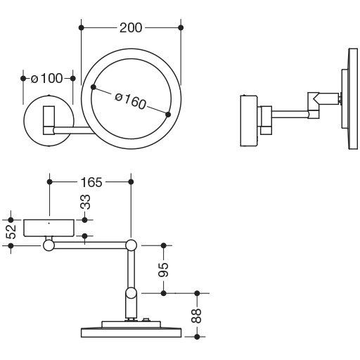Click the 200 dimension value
(131, 27)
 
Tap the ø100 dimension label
(47, 78)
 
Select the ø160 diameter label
(131, 101)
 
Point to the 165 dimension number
(91, 182)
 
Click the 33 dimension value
(86, 202)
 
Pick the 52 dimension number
(11, 232)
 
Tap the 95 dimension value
(163, 269)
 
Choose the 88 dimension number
(196, 316)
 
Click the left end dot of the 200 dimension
(81, 27)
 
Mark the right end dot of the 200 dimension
(181, 27)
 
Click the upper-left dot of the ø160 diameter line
(94, 87)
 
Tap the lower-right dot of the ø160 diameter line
(168, 115)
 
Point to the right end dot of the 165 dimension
(131, 181)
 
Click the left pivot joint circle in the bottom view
(49, 245)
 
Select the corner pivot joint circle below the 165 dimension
(131, 245)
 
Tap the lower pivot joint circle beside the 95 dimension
(131, 293)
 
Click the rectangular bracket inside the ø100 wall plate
(49, 120)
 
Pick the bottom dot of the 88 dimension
(197, 337)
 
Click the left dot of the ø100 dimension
(23, 79)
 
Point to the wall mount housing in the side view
(249, 121)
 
